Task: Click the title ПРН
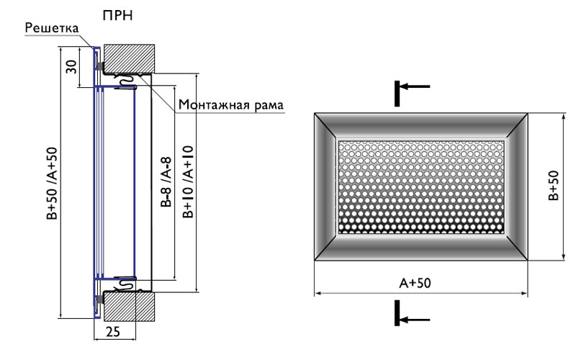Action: coord(117,15)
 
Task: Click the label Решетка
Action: coord(52,28)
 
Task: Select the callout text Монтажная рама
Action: coord(231,104)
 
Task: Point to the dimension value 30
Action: coord(71,66)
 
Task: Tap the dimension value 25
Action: coord(113,332)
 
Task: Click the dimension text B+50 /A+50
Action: coord(52,184)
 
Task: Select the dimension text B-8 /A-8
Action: coord(166,182)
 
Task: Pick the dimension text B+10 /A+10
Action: coord(188,182)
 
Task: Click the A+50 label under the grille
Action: coord(415,283)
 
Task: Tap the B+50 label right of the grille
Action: coord(553,186)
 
